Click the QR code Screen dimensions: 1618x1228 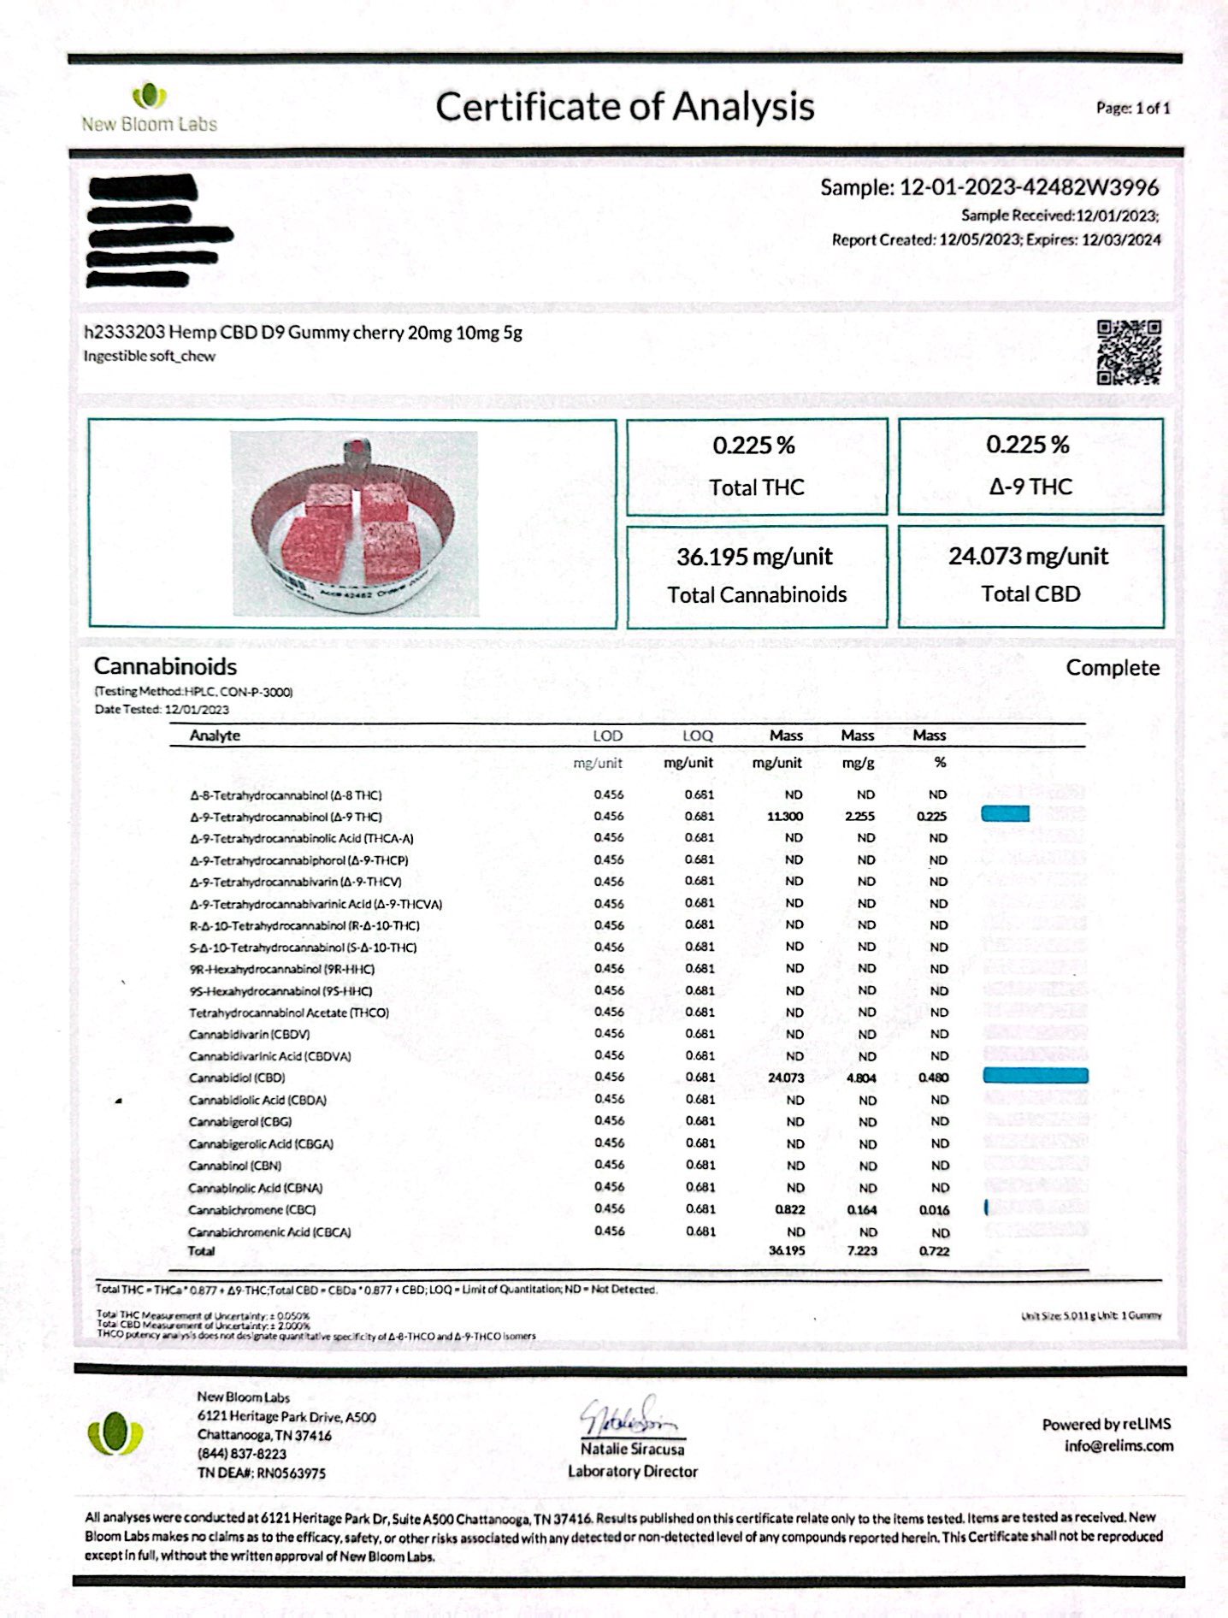1129,352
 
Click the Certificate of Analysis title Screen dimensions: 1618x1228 624,107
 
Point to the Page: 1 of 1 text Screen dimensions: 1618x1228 1133,108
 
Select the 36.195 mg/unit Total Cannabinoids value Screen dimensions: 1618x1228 754,557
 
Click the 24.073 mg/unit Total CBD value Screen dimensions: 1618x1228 1028,556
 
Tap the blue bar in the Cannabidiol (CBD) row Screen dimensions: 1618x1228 1035,1076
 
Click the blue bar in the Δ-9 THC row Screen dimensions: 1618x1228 1005,814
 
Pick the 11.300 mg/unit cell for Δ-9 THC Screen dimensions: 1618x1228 785,817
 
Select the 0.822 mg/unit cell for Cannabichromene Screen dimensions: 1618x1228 788,1209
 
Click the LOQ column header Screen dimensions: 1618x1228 697,735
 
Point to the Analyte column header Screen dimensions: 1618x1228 215,735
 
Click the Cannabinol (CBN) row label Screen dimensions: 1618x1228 235,1166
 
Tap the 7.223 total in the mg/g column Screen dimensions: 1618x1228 861,1250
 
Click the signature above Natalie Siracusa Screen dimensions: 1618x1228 629,1418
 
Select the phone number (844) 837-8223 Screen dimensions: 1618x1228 242,1454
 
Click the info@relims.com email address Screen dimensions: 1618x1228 1119,1445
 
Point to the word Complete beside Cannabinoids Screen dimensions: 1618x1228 1112,668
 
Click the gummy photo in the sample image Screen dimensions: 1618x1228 355,523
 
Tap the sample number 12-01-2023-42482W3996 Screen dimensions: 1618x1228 1029,187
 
